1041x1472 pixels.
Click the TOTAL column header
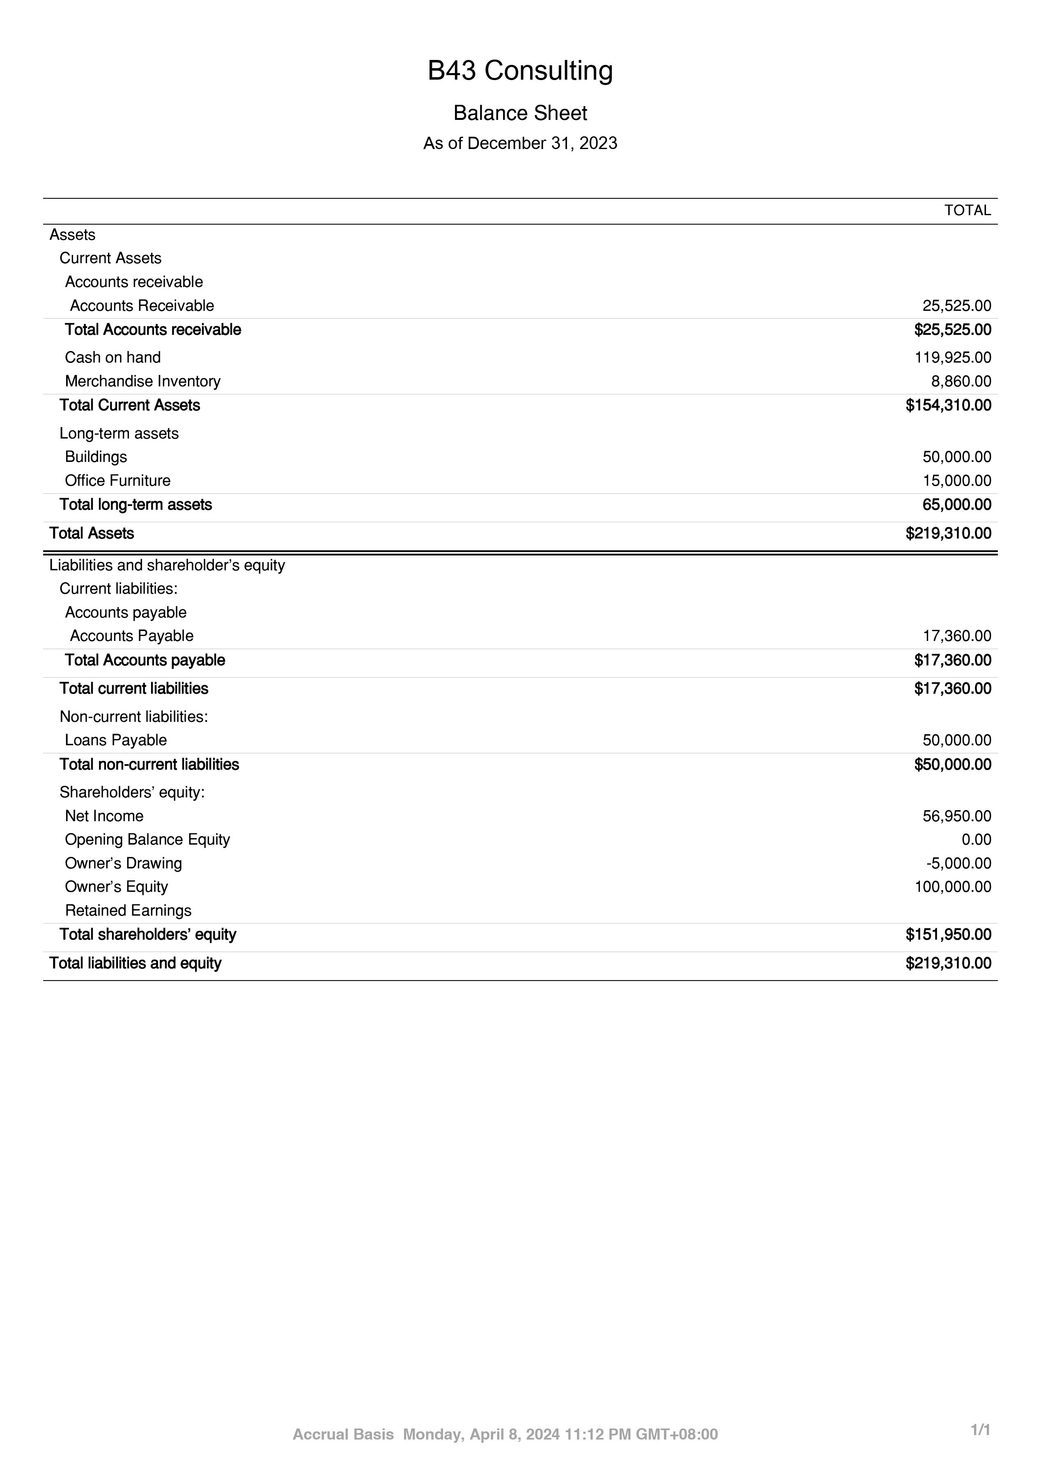click(x=967, y=210)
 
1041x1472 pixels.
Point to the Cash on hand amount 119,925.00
click(x=953, y=357)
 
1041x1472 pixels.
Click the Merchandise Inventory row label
click(x=142, y=381)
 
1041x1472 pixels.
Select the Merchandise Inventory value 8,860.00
click(x=961, y=381)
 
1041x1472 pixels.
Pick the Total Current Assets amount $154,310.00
click(x=948, y=405)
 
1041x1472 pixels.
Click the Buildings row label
click(x=96, y=457)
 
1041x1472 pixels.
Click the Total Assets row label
click(x=92, y=533)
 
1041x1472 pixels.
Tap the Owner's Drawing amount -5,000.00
click(x=958, y=863)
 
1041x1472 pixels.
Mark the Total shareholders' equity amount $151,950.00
click(x=948, y=935)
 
